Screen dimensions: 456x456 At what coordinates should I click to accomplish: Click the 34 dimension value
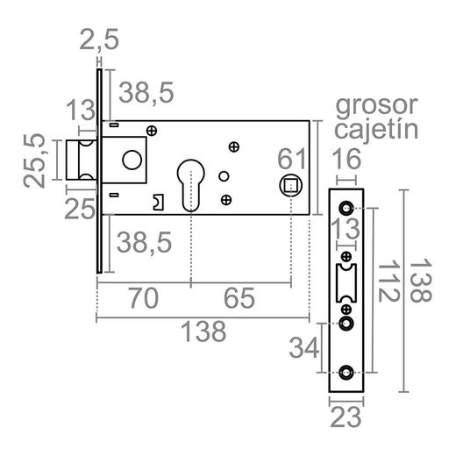point(304,348)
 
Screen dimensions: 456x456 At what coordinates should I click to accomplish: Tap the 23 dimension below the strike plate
point(349,416)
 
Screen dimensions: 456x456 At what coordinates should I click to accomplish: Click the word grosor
point(376,106)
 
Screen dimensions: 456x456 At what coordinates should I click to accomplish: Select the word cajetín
point(375,131)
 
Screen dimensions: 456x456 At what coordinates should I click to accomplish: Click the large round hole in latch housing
point(132,160)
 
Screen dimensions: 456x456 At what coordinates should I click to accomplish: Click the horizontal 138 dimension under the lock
point(203,331)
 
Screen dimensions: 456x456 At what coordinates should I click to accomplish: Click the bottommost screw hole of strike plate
point(348,372)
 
